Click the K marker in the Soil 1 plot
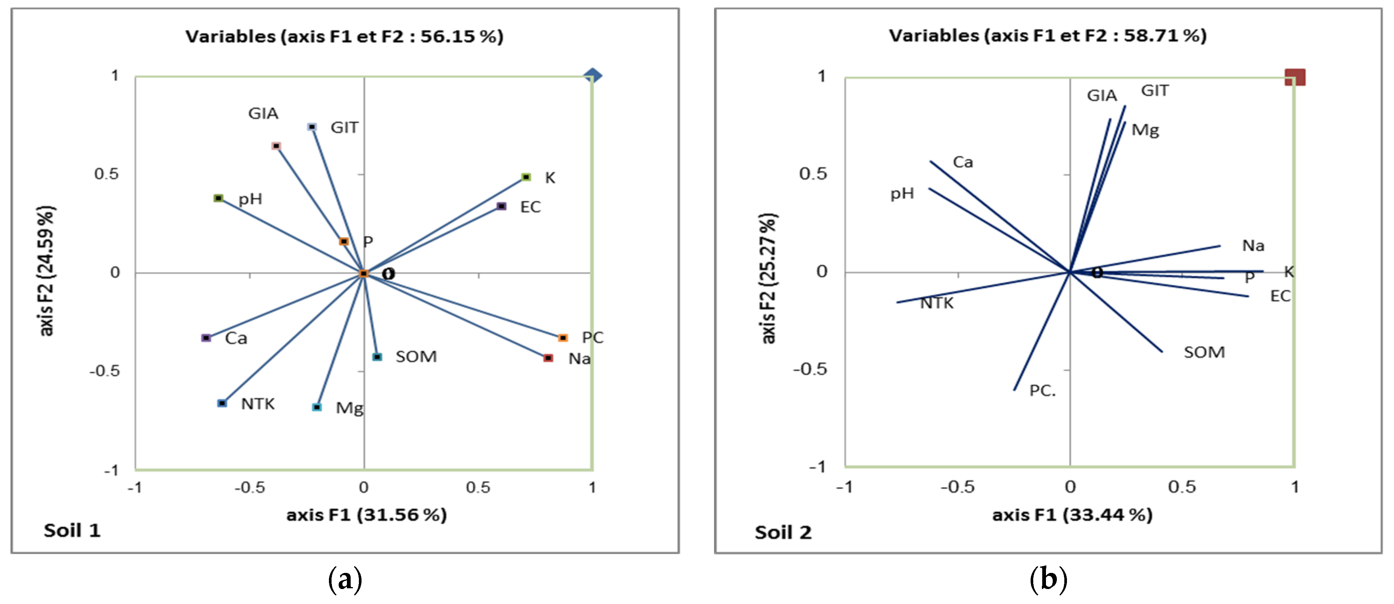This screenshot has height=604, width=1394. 526,177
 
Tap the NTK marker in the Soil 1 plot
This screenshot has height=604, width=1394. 222,403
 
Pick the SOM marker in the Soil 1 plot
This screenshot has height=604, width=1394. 377,357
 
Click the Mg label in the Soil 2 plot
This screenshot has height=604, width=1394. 1145,130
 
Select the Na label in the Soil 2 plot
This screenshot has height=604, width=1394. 1253,246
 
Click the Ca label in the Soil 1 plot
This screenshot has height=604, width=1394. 236,338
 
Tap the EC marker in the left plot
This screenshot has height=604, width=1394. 502,206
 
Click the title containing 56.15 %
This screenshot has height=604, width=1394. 344,36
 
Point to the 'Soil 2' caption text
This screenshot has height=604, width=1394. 783,532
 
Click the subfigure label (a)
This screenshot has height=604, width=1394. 345,580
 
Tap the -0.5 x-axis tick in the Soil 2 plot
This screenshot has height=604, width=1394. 957,487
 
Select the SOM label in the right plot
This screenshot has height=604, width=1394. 1204,352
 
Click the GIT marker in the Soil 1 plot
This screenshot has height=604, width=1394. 312,127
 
